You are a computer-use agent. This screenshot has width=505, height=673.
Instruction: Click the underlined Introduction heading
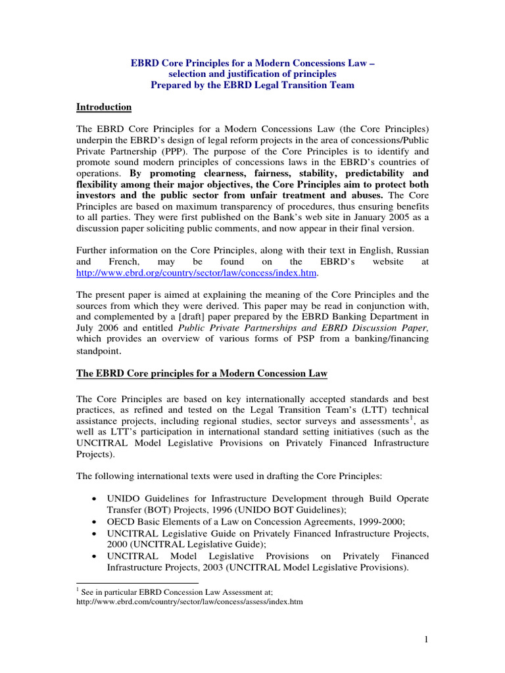[x=104, y=107]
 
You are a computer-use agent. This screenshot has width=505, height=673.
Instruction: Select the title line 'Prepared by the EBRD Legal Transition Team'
[x=252, y=85]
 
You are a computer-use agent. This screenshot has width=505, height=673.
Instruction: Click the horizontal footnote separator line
[x=137, y=582]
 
